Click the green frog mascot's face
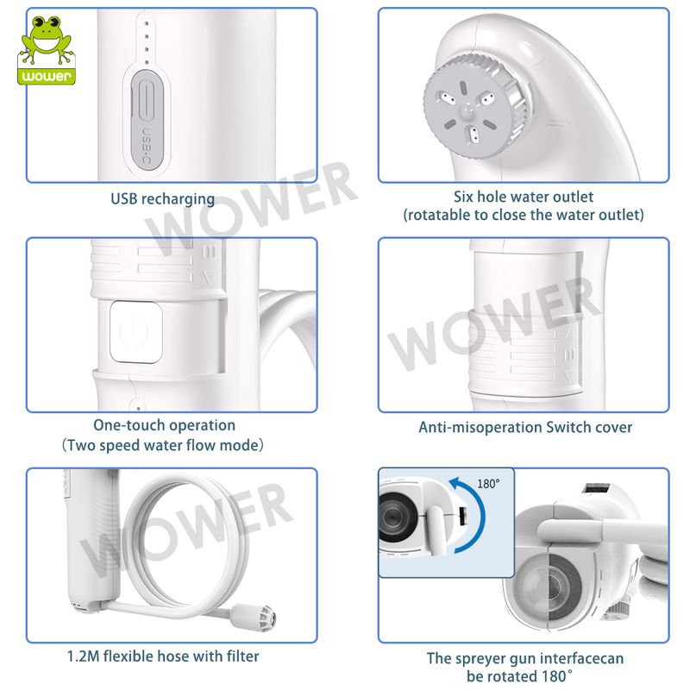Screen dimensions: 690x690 [47, 36]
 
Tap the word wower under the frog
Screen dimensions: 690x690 [47, 76]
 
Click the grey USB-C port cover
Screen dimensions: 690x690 [147, 119]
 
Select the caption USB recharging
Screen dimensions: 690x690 [162, 199]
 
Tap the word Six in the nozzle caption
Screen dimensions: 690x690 [463, 197]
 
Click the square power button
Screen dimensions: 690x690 [135, 332]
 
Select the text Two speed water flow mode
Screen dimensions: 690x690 [164, 445]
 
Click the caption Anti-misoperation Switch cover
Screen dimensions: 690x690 [525, 427]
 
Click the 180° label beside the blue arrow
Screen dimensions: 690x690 [488, 484]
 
